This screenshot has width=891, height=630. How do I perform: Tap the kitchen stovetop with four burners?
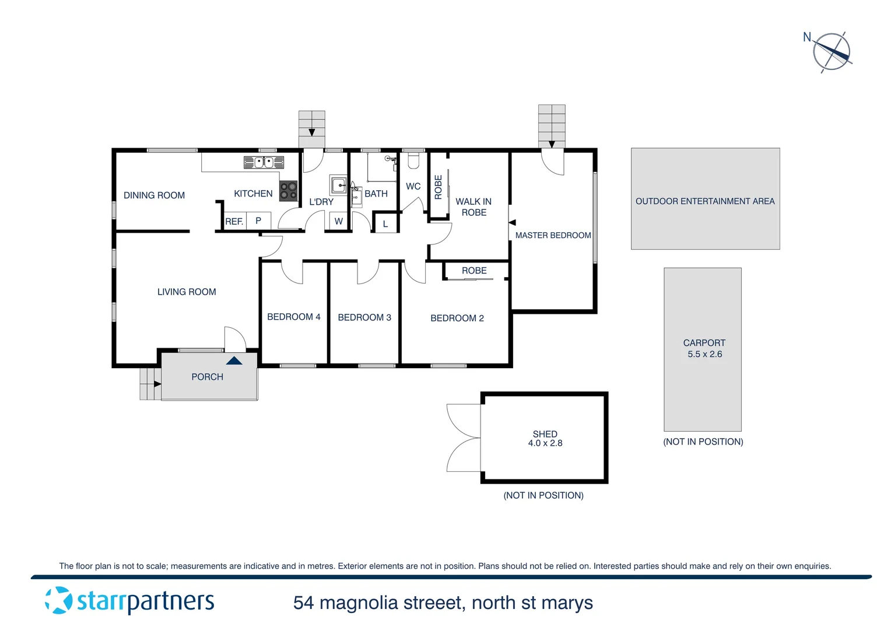(289, 191)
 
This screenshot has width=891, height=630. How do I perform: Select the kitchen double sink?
(264, 162)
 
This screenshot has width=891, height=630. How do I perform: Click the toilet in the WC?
(413, 159)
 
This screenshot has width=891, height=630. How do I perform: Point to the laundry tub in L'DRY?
(339, 185)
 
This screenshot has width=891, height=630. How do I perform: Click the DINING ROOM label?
(154, 195)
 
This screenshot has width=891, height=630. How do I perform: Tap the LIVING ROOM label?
(187, 292)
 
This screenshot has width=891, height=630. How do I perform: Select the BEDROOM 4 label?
(293, 317)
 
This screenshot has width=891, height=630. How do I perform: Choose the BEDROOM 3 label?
(364, 317)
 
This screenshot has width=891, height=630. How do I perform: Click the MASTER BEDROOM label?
(553, 235)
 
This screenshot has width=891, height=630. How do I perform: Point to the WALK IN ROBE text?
(473, 207)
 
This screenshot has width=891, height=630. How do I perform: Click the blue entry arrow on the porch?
(234, 361)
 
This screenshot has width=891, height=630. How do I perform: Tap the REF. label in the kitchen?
(234, 222)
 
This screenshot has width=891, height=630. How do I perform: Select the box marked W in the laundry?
(339, 222)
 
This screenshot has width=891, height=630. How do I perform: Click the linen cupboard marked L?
(385, 224)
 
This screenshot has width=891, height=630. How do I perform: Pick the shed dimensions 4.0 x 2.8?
(545, 443)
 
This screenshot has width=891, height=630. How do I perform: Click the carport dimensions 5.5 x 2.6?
(704, 354)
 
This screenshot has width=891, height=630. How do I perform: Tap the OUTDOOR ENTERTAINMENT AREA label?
(705, 201)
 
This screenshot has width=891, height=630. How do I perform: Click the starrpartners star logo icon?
(58, 600)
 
